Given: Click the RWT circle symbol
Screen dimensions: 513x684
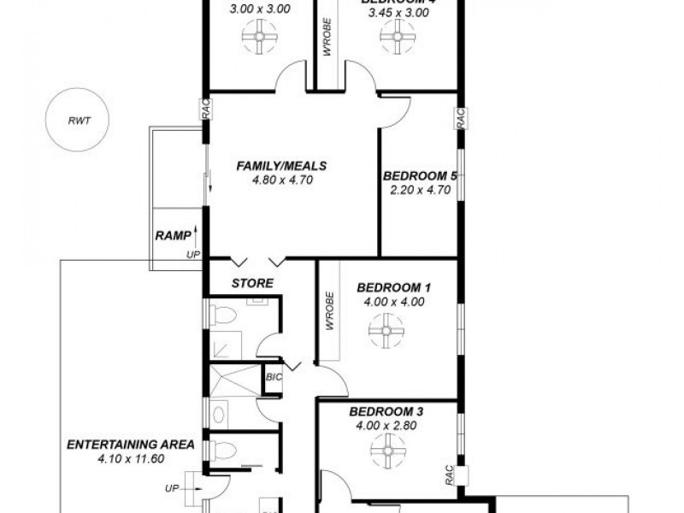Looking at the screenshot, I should pyautogui.click(x=80, y=121).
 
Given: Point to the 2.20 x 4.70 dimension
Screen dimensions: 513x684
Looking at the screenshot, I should pyautogui.click(x=420, y=190).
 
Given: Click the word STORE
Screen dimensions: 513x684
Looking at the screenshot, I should pyautogui.click(x=253, y=283).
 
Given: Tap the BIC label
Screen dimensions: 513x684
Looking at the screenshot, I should pyautogui.click(x=274, y=376).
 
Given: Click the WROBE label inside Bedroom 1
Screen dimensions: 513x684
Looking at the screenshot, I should pyautogui.click(x=328, y=312).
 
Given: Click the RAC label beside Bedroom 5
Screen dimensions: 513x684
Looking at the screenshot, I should pyautogui.click(x=460, y=118).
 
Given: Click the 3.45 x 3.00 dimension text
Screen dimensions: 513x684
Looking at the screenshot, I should pyautogui.click(x=396, y=13).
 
